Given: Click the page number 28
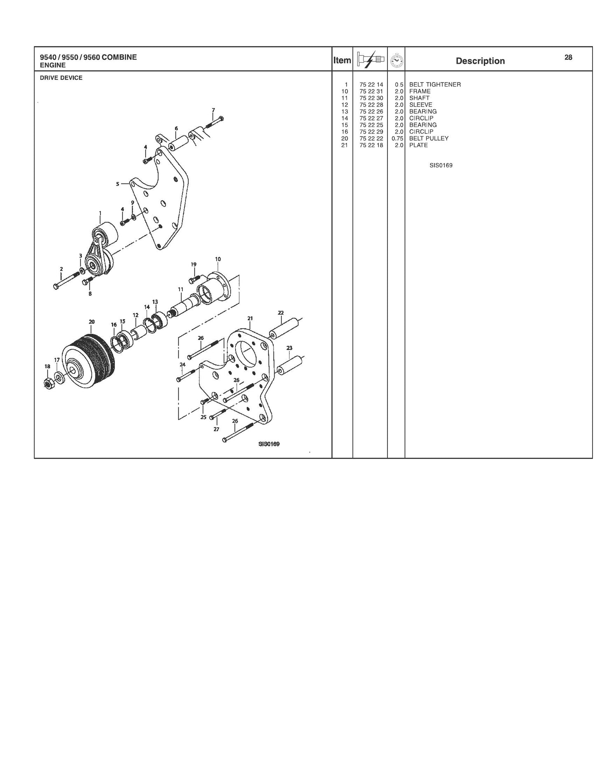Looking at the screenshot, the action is tap(568, 58).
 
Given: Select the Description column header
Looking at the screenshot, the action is tap(480, 61).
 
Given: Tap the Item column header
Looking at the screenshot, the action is tap(342, 61).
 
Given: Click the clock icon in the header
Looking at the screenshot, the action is tap(397, 60).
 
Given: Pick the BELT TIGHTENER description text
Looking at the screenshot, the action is tap(435, 84).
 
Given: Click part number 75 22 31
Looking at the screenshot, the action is tap(371, 91).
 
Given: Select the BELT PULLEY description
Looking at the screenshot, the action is tap(429, 138).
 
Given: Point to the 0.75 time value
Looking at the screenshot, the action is tap(397, 138).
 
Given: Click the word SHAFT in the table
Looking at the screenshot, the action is tap(419, 98).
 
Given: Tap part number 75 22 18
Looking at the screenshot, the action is tap(371, 145).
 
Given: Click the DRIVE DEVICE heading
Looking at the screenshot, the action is tap(61, 78).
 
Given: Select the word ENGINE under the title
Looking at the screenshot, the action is tap(53, 65).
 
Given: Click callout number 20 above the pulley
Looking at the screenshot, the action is tap(91, 322).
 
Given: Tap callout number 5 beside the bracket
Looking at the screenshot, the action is tap(117, 184).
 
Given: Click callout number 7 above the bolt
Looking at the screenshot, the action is tap(213, 110).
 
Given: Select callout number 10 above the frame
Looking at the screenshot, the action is tap(218, 259).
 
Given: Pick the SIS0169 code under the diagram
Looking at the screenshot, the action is tap(269, 444).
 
